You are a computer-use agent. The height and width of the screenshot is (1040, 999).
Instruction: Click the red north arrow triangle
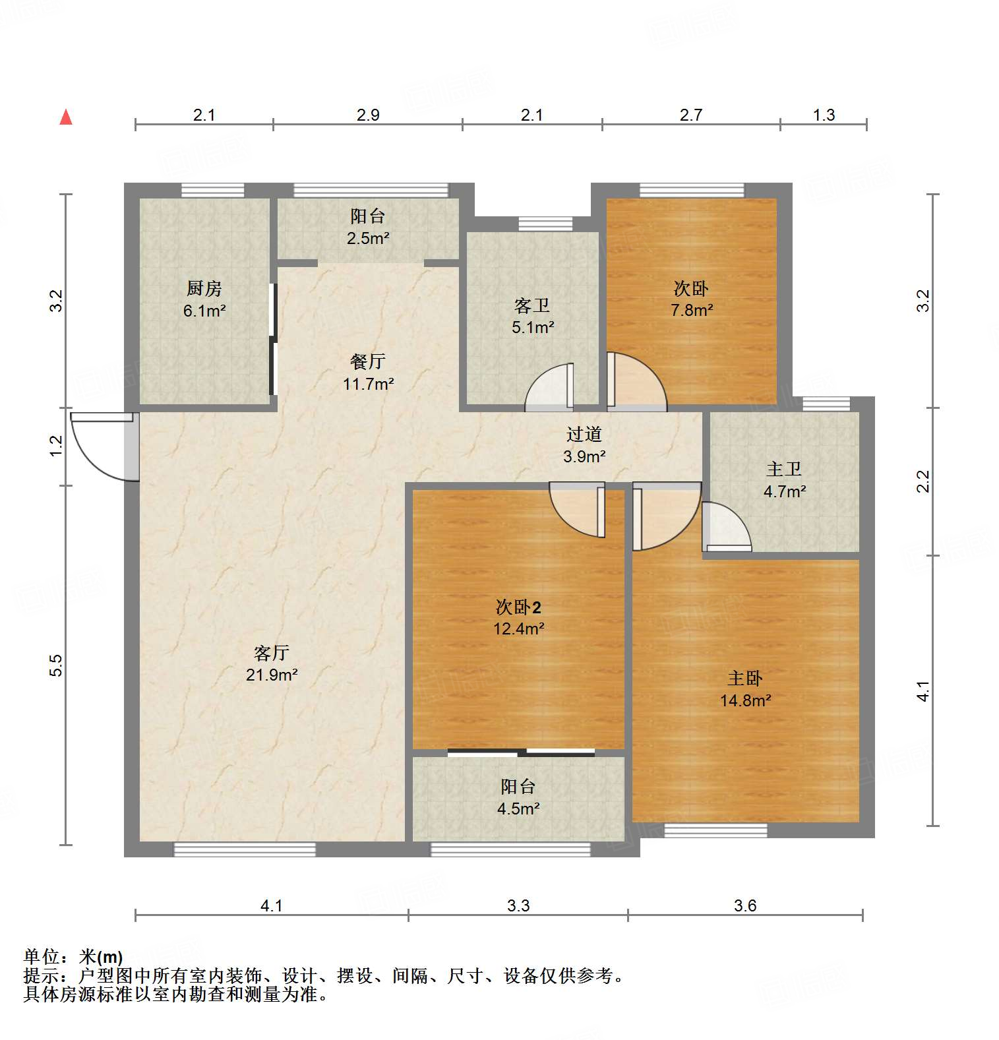coord(66,117)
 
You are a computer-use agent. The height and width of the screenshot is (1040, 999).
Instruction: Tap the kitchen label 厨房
coord(204,288)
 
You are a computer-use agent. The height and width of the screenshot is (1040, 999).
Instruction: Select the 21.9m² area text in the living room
coord(272,675)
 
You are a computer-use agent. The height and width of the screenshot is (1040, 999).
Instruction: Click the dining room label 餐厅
coord(368,361)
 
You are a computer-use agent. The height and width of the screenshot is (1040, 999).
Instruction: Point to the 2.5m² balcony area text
coord(368,238)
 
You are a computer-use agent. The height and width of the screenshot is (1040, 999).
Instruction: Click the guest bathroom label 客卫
coord(532,305)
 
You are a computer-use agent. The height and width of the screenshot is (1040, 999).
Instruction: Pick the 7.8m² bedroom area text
coord(692,309)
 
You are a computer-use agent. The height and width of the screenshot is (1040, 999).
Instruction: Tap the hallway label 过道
coord(584,434)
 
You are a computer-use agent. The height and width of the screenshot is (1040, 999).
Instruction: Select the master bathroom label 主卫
coord(784,469)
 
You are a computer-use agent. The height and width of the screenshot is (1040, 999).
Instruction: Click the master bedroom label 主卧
coord(745,678)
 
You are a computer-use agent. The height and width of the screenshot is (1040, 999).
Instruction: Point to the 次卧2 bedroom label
coord(518,607)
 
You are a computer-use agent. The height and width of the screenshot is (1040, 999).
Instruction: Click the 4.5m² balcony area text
coord(518,808)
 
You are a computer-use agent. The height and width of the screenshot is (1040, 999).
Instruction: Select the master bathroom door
coord(725,528)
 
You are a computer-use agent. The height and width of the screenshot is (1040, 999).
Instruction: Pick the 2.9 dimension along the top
coord(368,115)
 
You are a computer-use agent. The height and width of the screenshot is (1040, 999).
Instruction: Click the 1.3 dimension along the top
coord(824,115)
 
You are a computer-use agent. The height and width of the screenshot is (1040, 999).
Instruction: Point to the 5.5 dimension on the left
coord(57,665)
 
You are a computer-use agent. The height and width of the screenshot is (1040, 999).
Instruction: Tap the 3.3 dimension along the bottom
coord(518,905)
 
